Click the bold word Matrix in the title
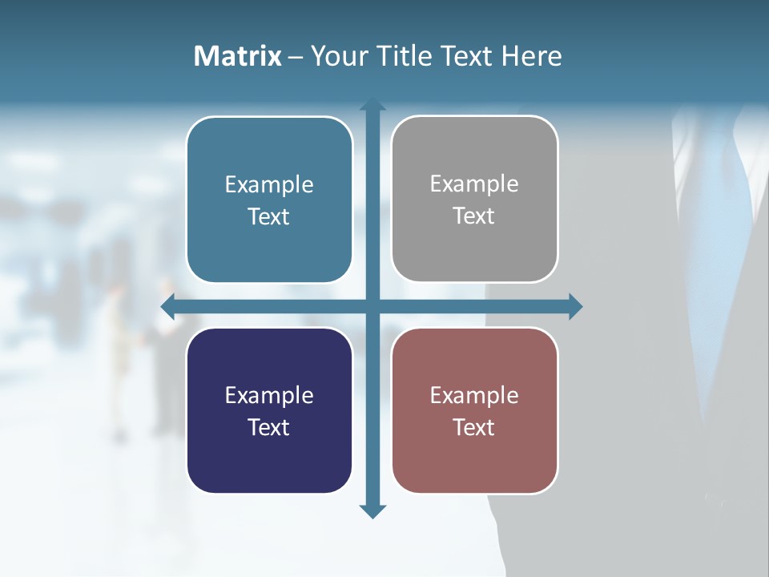(238, 56)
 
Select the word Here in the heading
(531, 56)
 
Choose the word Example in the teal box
(269, 185)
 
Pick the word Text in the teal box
(269, 216)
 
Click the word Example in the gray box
(474, 184)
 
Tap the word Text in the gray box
(474, 216)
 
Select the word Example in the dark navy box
(269, 395)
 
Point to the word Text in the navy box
(269, 427)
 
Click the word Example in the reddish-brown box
(474, 395)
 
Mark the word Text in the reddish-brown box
(474, 427)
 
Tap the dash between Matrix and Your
(296, 57)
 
